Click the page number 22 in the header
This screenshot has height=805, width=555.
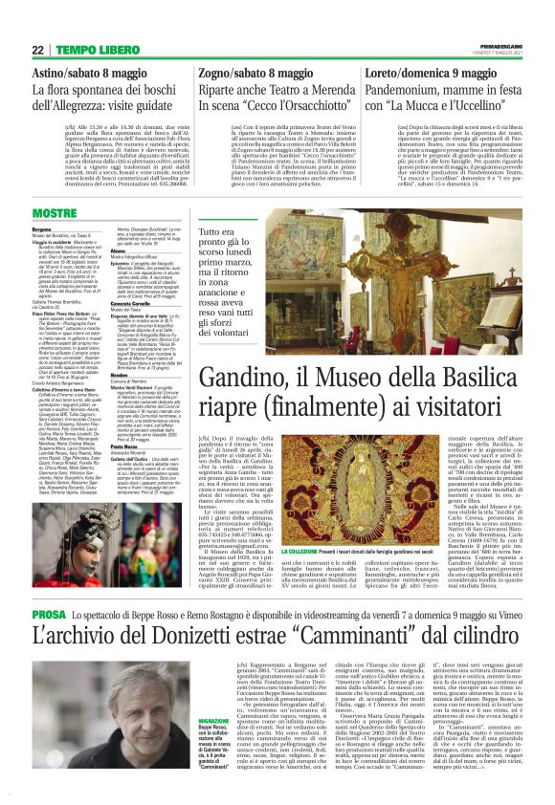click(39, 49)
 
